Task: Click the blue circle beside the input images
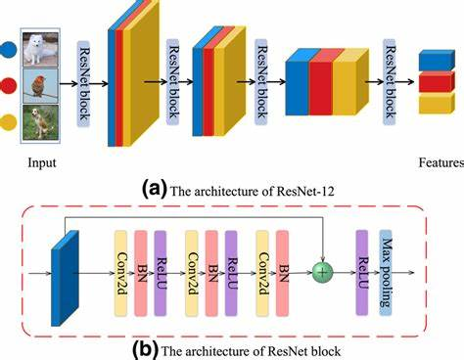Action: [10, 46]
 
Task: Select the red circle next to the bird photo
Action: [10, 84]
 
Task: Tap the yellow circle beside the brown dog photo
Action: [10, 123]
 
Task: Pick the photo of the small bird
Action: [42, 85]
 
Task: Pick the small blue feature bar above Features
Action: [437, 61]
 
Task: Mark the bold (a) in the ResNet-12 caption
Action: [156, 184]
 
